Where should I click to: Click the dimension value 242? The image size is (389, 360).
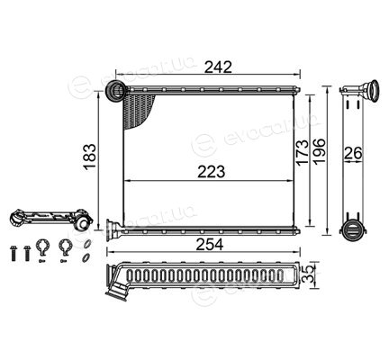click(x=218, y=67)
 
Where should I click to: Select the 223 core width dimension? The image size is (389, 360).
click(x=211, y=172)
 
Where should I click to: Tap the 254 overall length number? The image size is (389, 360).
click(x=210, y=245)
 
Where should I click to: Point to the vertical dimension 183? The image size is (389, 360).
click(x=89, y=157)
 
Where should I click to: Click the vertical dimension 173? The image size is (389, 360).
click(x=302, y=152)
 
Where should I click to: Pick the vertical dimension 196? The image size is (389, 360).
click(x=319, y=151)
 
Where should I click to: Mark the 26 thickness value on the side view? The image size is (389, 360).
click(x=353, y=153)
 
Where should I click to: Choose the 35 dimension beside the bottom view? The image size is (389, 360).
click(x=311, y=274)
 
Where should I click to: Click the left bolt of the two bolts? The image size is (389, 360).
click(x=14, y=253)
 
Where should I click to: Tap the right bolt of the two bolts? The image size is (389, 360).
click(x=27, y=253)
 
